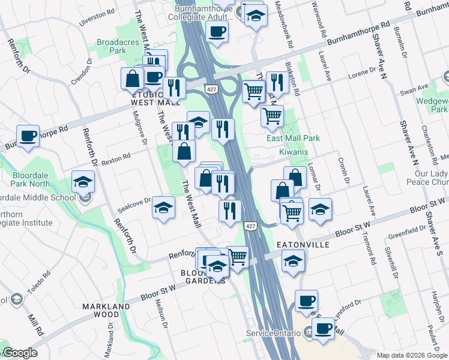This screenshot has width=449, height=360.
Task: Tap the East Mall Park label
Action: coord(293,138)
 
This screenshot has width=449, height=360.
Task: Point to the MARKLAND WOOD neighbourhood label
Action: coord(107,310)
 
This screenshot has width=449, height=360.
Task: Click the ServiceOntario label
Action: coord(272,333)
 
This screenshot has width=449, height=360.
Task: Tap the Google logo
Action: coord(19,353)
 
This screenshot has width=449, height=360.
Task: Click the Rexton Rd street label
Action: coord(116,159)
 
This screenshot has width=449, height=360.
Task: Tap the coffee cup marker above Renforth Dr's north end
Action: coord(28,136)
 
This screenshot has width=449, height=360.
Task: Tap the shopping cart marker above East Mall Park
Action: coord(273,115)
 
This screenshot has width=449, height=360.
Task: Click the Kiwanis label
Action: coord(294,152)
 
